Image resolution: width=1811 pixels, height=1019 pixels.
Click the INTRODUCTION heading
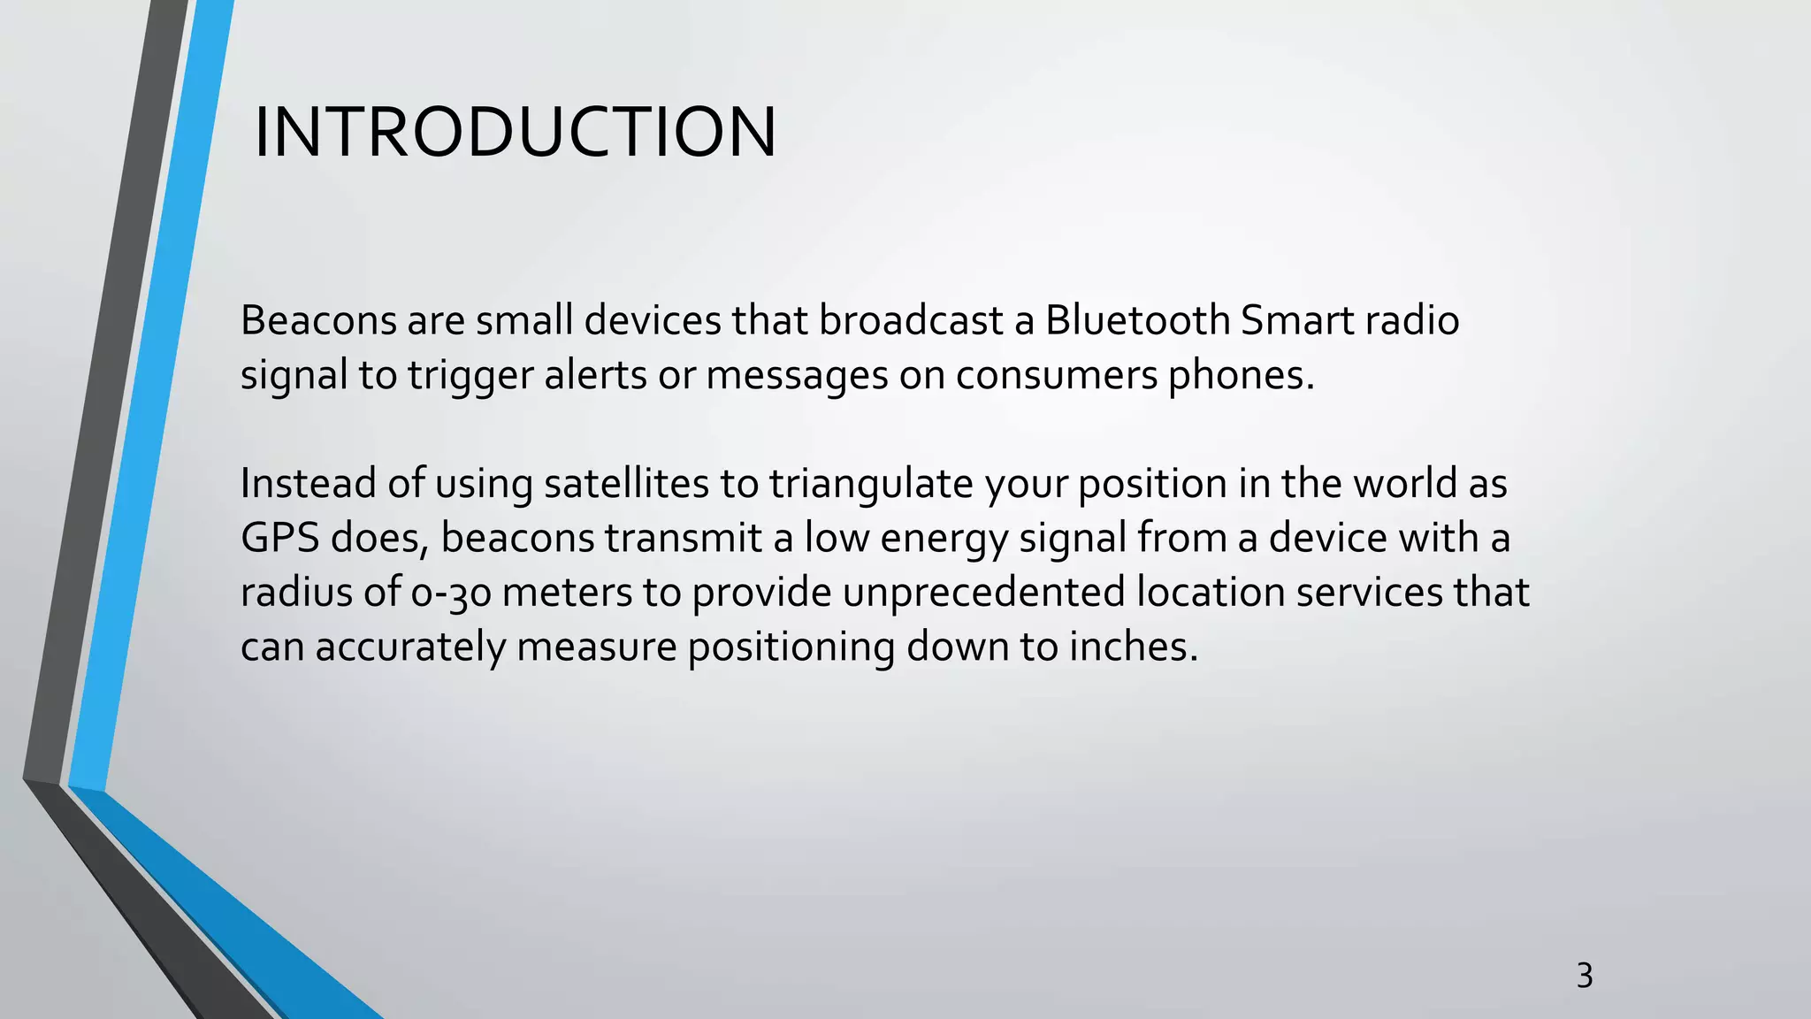tap(515, 133)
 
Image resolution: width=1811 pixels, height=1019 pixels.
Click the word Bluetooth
tap(1137, 320)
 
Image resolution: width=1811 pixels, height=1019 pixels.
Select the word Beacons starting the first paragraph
tap(318, 320)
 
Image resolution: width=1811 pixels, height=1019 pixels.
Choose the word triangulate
tap(870, 484)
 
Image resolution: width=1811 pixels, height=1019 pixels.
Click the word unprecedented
tap(983, 593)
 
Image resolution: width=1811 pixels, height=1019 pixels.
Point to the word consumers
tap(1056, 375)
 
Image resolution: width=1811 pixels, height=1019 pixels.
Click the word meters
tap(567, 593)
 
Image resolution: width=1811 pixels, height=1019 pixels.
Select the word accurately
tap(409, 647)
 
